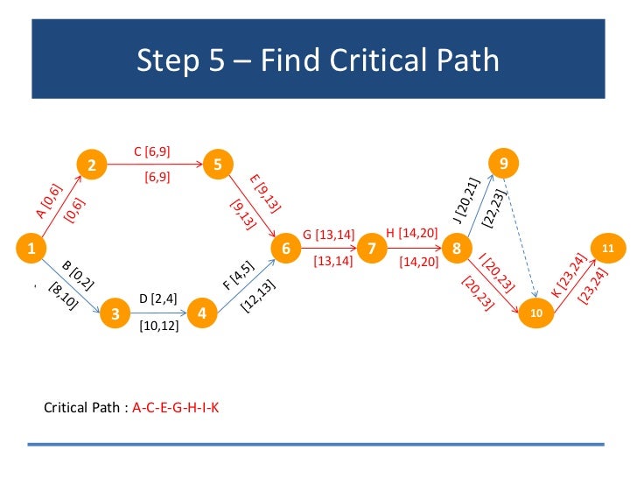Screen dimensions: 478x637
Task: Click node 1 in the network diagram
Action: point(31,250)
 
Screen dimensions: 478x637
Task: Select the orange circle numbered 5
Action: point(217,164)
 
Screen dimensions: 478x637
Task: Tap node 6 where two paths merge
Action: point(286,250)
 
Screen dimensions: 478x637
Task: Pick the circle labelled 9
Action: point(502,164)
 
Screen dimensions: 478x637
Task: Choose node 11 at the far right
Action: point(608,250)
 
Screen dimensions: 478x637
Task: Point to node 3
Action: point(115,313)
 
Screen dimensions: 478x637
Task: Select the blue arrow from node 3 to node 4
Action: point(157,313)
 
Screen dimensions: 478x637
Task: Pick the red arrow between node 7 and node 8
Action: point(414,250)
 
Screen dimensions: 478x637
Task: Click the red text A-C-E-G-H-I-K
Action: point(176,408)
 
